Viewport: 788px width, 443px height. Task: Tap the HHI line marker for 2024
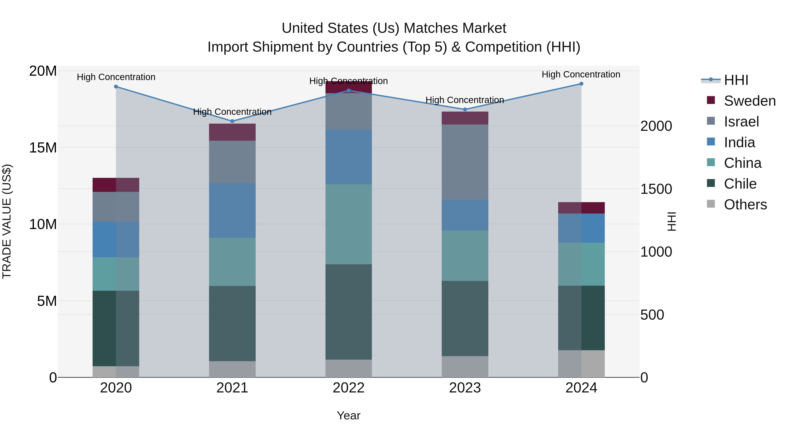coord(581,84)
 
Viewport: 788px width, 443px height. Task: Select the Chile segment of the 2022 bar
coord(348,312)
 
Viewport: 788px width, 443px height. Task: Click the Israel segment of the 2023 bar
coord(465,162)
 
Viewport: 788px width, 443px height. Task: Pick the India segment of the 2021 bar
coord(232,211)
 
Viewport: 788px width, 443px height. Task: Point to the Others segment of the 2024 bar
coord(581,364)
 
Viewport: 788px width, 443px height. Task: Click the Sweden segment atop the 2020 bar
coord(116,185)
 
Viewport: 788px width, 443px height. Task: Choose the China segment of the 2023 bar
coord(465,256)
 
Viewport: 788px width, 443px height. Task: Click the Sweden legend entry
coord(749,101)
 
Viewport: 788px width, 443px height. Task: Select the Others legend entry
coord(745,205)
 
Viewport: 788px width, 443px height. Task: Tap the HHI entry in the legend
coord(736,80)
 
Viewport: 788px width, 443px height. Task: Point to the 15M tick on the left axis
coord(43,148)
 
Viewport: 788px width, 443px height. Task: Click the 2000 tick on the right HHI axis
coord(656,126)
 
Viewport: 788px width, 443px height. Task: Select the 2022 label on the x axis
coord(348,388)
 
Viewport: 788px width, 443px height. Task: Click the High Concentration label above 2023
coord(465,100)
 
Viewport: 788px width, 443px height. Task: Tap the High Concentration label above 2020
coord(116,77)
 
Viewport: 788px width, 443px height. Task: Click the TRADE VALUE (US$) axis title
coord(7,221)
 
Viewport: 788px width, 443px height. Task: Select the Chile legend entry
coord(740,184)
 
